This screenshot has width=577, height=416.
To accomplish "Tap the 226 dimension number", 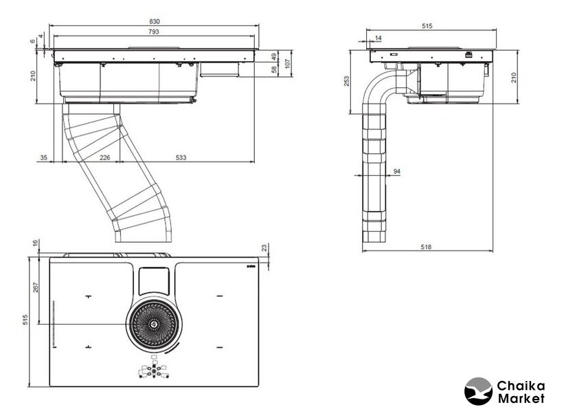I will (105, 158).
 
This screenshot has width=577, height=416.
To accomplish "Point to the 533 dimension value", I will (180, 158).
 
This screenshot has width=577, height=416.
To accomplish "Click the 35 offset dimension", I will (44, 158).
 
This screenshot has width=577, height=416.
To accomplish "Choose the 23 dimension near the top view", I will (265, 249).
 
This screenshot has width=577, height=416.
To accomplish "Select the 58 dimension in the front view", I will (274, 69).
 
